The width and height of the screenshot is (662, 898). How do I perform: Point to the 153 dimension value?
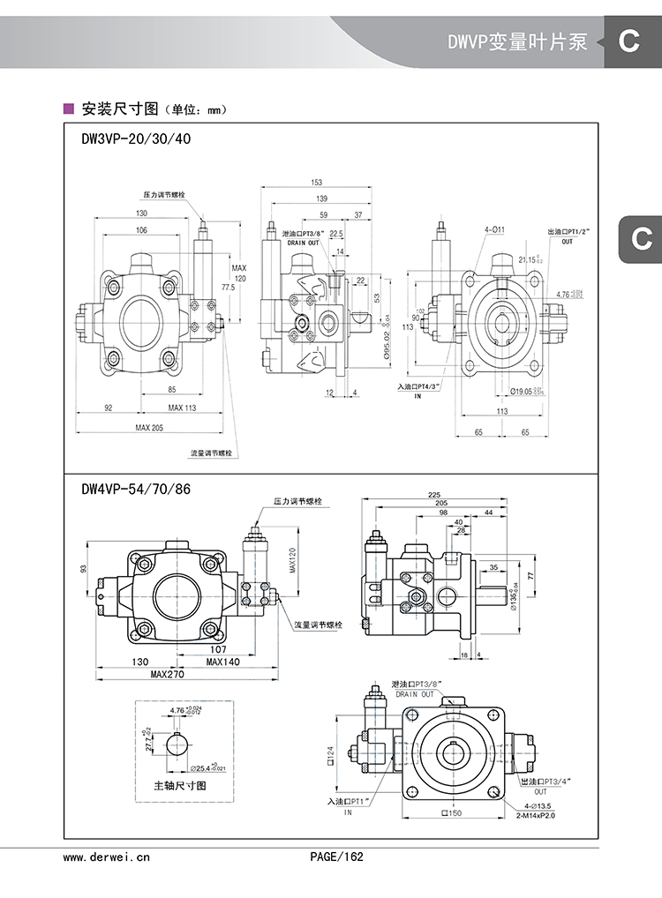316,183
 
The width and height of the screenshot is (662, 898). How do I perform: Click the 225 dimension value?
434,495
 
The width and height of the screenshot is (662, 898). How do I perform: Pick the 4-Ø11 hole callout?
493,229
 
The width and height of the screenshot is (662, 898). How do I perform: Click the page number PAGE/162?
336,856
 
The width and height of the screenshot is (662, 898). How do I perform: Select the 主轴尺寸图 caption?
180,785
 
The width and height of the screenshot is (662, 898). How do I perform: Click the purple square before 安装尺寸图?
69,109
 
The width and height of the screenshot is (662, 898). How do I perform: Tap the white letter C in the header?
628,41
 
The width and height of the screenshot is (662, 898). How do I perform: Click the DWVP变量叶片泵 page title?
517,41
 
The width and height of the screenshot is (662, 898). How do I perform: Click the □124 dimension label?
331,754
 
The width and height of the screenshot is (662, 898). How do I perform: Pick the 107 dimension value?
220,649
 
